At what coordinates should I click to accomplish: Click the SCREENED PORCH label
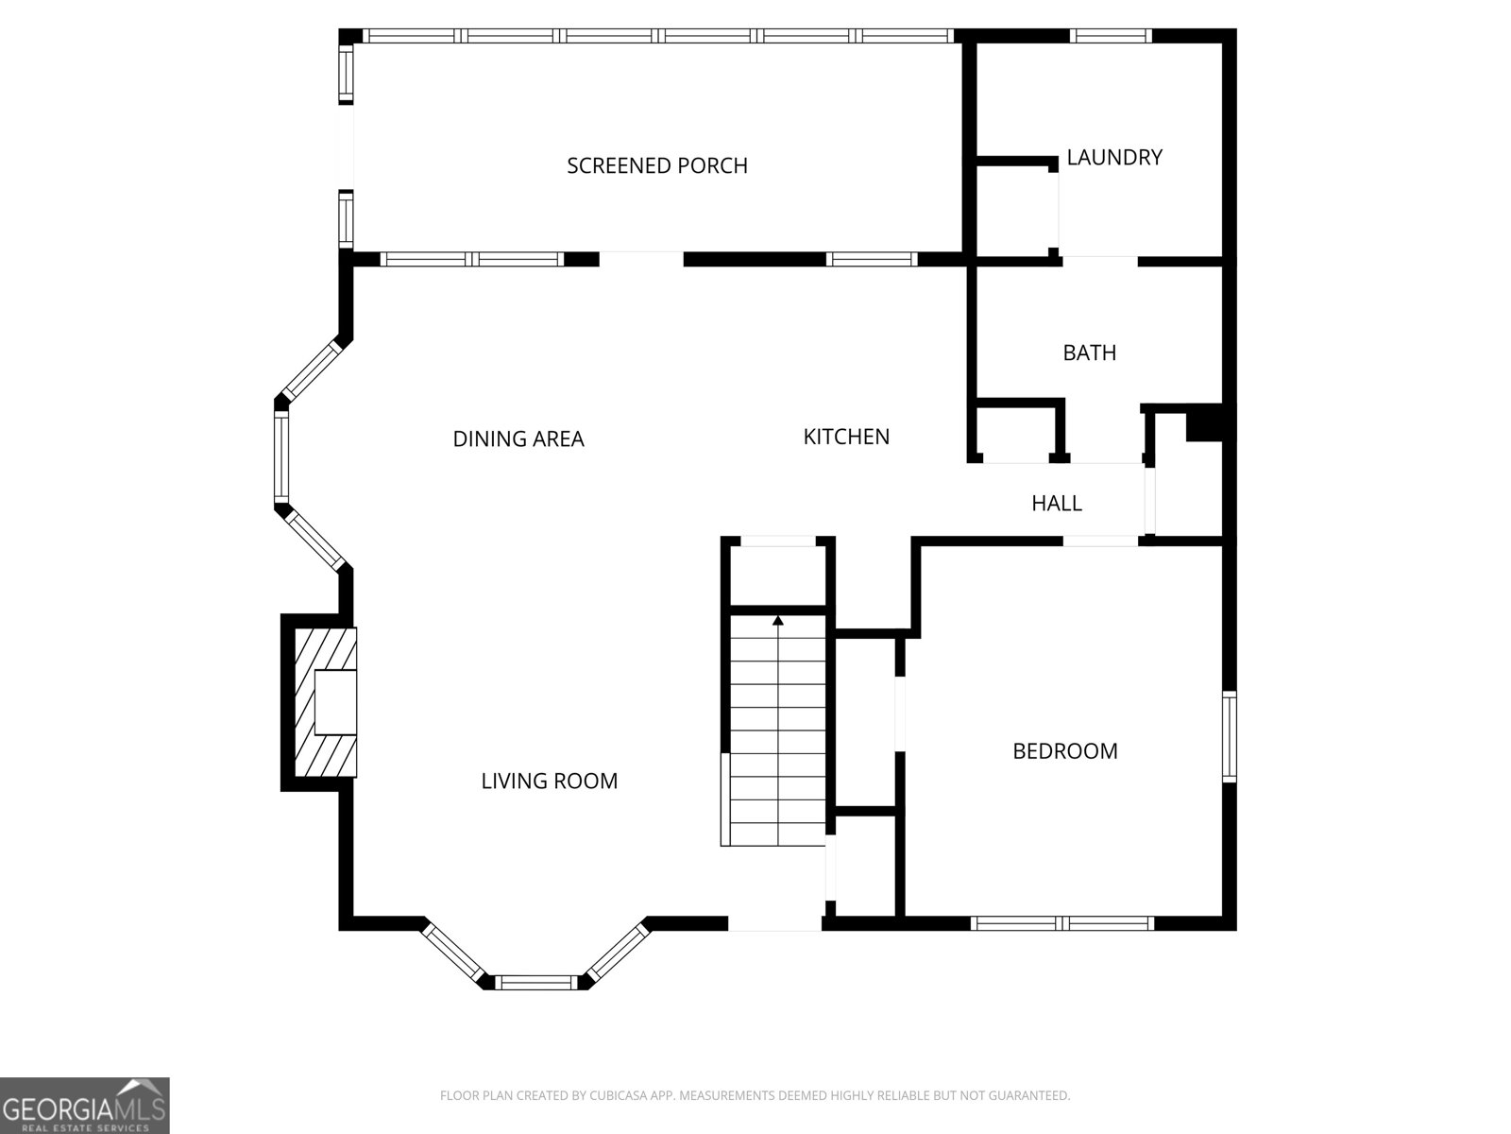click(657, 166)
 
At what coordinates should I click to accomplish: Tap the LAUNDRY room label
click(1113, 158)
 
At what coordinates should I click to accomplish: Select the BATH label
click(1089, 353)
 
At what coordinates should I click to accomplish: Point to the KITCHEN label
click(846, 437)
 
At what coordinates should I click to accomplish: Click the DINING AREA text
click(518, 439)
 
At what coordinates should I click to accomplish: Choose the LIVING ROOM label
click(549, 782)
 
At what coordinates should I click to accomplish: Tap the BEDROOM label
click(1064, 751)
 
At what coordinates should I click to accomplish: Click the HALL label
click(1056, 504)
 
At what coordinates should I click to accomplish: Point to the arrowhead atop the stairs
click(777, 621)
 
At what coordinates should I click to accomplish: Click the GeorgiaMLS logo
click(85, 1105)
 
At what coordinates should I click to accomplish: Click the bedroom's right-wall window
click(1229, 737)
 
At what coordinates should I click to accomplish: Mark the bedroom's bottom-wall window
click(1061, 923)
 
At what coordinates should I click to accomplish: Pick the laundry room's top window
click(1111, 37)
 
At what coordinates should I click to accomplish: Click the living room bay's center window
click(536, 983)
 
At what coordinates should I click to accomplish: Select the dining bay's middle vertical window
click(280, 457)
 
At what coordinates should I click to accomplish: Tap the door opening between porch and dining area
click(641, 259)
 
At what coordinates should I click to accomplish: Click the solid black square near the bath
click(1204, 422)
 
